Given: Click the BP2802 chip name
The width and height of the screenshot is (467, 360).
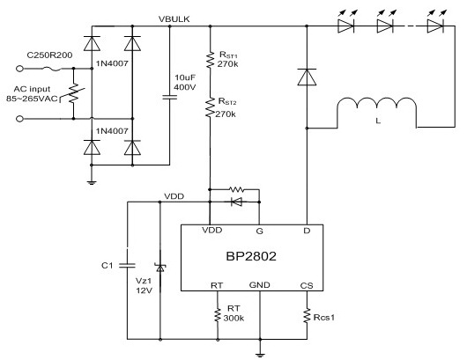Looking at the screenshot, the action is click(x=251, y=256).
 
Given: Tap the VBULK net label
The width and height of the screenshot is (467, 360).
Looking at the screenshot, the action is click(x=174, y=19).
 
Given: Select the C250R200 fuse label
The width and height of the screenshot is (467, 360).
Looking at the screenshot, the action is click(x=49, y=55).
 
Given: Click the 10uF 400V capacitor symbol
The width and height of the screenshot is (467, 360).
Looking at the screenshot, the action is click(x=170, y=97).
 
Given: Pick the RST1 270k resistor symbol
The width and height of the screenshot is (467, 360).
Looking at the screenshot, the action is click(x=211, y=60).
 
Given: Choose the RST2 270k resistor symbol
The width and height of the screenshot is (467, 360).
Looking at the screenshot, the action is click(x=211, y=107).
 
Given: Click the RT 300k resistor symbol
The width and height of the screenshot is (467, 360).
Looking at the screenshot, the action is click(x=218, y=315).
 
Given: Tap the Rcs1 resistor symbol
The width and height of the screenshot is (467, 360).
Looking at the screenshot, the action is click(x=307, y=316).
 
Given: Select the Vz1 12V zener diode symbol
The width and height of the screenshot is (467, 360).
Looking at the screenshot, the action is click(x=160, y=268).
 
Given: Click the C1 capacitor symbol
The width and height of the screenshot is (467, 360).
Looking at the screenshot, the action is click(x=127, y=266).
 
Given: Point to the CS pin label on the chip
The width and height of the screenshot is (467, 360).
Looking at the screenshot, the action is click(x=307, y=285).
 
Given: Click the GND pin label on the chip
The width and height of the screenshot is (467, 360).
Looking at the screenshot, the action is click(x=259, y=285).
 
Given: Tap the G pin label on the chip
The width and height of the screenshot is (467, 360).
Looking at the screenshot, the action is click(x=259, y=231).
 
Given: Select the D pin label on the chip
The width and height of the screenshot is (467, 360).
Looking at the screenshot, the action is click(x=307, y=231).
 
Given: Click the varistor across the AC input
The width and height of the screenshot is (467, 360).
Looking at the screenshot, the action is click(x=73, y=93).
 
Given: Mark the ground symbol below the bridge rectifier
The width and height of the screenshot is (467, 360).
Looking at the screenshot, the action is click(x=92, y=182).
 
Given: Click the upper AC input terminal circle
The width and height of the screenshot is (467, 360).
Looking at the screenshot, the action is click(x=19, y=69).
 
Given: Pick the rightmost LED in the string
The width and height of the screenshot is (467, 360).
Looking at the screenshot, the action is click(x=435, y=23).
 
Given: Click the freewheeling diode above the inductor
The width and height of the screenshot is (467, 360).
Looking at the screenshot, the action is click(x=307, y=77).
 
